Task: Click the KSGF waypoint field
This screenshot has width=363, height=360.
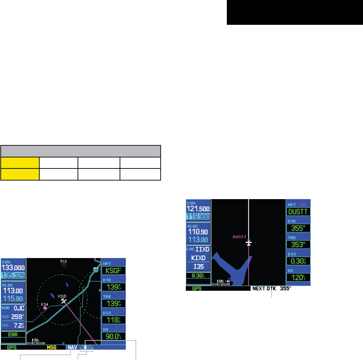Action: click(x=113, y=270)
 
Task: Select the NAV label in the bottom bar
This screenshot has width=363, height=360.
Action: click(x=72, y=348)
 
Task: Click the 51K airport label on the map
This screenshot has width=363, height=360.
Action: click(x=64, y=261)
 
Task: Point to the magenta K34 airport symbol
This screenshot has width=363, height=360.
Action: click(x=45, y=308)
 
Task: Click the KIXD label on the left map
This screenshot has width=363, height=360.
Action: click(x=62, y=296)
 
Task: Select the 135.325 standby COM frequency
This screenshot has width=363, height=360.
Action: click(x=13, y=275)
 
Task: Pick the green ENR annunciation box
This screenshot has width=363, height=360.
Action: click(x=13, y=334)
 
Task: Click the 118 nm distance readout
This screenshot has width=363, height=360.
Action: click(x=113, y=320)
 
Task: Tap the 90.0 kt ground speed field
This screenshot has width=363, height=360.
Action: click(x=113, y=337)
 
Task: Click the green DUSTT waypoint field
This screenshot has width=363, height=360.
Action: click(x=298, y=212)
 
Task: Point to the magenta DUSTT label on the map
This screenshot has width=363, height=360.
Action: click(x=240, y=237)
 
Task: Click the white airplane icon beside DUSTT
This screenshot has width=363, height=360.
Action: click(x=249, y=243)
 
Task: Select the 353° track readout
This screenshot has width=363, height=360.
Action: click(x=298, y=244)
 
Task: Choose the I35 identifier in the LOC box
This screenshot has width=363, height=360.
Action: click(x=198, y=267)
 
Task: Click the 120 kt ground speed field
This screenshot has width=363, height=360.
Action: click(x=298, y=277)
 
